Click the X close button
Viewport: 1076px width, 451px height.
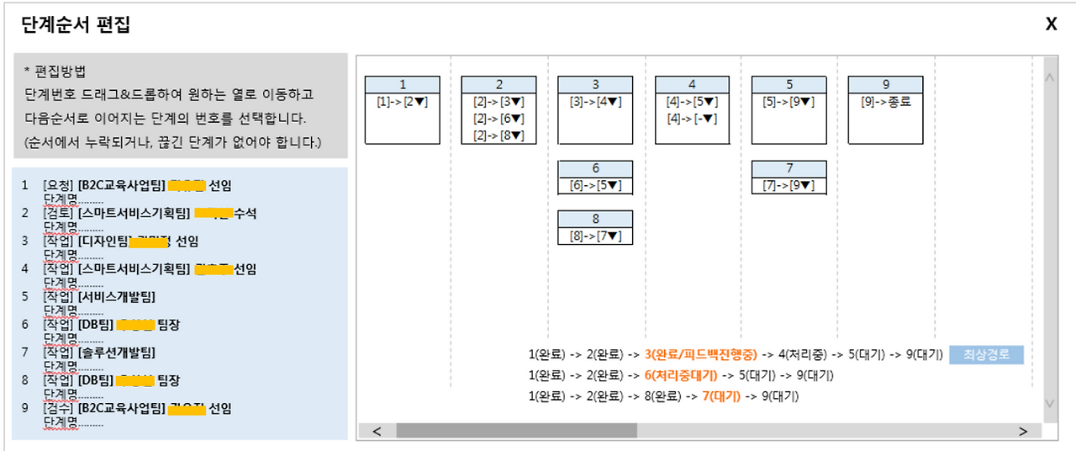(1051, 24)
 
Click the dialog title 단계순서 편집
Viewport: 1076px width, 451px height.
(76, 25)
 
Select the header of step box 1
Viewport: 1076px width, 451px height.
(403, 84)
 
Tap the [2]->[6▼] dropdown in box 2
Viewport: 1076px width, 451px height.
(498, 119)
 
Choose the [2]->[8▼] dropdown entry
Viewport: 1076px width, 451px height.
(498, 135)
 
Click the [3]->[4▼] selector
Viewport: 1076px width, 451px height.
(595, 102)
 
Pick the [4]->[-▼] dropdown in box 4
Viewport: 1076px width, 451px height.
(692, 119)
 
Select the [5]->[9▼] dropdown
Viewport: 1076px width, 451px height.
(789, 102)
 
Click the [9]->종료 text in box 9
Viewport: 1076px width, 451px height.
(885, 102)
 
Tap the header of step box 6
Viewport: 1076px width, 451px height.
(595, 168)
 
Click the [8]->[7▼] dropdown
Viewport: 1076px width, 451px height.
(595, 236)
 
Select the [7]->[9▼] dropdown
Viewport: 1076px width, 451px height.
(789, 186)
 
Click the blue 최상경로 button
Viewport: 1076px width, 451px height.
(987, 355)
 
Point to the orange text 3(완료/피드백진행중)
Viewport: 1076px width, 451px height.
(701, 355)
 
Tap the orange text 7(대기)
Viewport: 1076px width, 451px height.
(720, 395)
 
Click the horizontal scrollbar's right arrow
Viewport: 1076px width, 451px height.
(1023, 432)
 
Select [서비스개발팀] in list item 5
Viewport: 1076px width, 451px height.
(117, 296)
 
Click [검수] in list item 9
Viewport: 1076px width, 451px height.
(58, 409)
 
